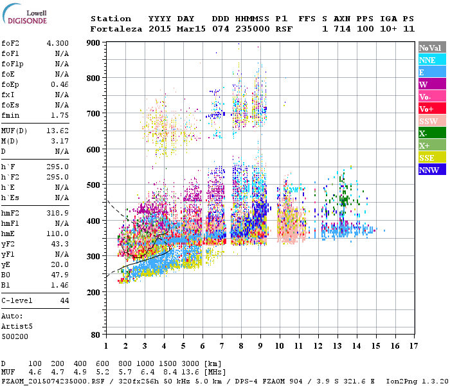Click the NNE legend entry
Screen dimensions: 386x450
pos(431,60)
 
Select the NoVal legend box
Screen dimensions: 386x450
pos(431,48)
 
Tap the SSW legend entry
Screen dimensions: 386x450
pos(431,121)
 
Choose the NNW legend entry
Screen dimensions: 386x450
pos(431,170)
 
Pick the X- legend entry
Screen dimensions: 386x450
pos(431,133)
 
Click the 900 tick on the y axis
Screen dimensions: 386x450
pos(94,42)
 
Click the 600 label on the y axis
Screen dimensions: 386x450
pos(94,150)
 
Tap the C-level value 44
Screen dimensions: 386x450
pos(64,300)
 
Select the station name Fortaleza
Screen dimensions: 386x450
pos(113,29)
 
